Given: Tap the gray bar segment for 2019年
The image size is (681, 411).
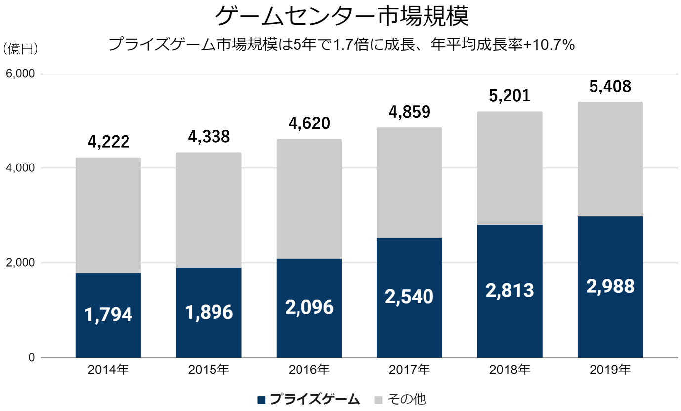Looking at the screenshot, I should coord(610,158).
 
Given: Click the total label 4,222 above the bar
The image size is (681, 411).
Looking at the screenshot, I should coord(109,142).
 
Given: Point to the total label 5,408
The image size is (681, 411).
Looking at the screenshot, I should coord(610,87).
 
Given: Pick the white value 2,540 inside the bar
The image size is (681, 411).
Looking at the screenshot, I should coord(409,297).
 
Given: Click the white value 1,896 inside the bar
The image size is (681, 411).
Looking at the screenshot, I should coord(209,312).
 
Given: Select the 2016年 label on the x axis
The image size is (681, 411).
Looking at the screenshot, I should coord(309,370).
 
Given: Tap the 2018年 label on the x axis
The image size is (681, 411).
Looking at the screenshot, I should coord(510,370).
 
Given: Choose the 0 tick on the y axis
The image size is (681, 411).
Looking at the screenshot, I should coord(31,357).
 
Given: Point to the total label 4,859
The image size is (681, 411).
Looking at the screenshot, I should coord(409,112).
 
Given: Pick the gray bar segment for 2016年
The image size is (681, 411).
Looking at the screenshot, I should coord(309,198).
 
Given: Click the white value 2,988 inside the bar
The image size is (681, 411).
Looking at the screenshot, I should coord(610,287).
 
